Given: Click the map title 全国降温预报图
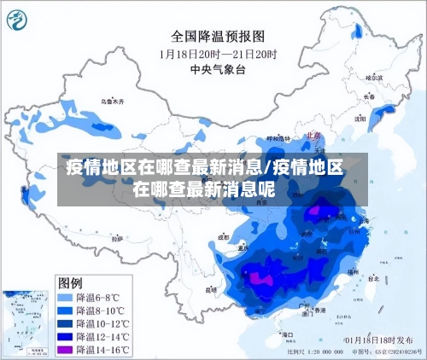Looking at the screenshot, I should point(218,37).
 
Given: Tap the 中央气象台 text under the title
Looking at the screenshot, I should point(218,69).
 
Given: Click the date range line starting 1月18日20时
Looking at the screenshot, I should point(218,54).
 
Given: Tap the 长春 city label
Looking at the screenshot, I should point(369,96).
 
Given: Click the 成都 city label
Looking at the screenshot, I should point(225,238).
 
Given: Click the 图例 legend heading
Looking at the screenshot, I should point(70,282).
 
